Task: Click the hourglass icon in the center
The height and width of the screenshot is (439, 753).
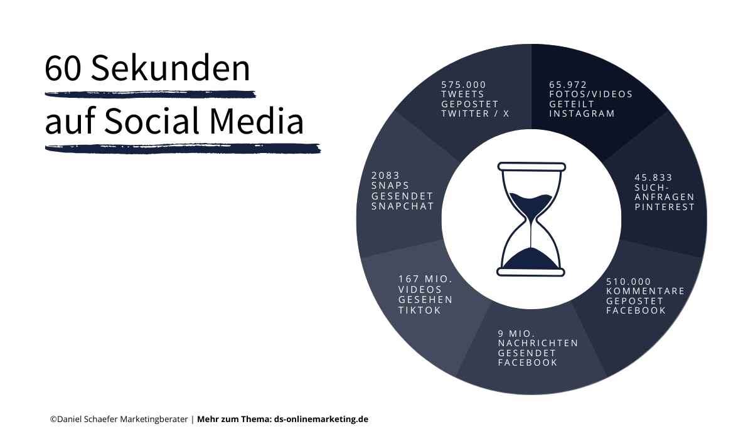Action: point(531,219)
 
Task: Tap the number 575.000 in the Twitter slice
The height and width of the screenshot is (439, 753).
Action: point(464,85)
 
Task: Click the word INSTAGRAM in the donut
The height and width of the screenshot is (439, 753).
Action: point(582,114)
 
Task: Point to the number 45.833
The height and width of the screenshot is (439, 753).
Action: point(653,177)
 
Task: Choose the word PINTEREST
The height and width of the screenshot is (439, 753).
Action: point(665,207)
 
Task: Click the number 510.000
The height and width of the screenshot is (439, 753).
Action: point(629,281)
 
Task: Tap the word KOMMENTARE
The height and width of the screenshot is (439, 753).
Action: point(645,291)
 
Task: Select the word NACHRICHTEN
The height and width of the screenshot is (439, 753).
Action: point(538,343)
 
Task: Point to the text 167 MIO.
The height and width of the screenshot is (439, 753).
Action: point(425,279)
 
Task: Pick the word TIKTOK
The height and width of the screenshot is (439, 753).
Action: point(419,310)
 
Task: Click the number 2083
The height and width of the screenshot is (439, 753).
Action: point(385,176)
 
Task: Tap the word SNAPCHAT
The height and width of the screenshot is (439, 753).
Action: point(402,206)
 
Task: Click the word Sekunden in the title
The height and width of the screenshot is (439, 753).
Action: point(170,68)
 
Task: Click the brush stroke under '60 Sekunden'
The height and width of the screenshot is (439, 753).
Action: point(151,95)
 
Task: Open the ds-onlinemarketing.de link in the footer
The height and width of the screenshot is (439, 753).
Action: point(321,419)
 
